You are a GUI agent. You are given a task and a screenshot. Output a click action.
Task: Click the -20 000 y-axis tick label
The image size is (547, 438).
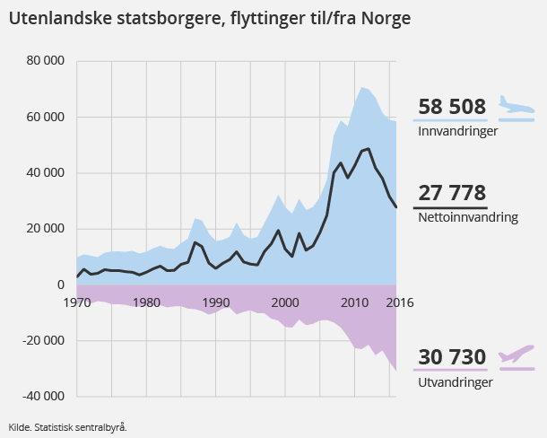coord(42,341)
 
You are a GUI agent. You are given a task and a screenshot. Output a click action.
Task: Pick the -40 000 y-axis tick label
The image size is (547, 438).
coord(42,397)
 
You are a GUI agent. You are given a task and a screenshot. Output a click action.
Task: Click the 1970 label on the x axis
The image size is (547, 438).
coord(77,302)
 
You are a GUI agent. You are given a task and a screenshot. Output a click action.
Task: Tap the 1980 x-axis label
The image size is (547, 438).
coord(147,302)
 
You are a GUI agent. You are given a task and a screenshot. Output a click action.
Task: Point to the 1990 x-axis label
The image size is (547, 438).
coord(216,302)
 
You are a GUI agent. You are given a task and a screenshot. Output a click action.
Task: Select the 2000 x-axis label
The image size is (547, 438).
coord(286,302)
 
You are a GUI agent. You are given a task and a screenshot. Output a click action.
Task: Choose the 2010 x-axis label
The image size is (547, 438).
coord(356,302)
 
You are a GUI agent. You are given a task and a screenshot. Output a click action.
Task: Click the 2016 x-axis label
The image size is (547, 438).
coord(399,302)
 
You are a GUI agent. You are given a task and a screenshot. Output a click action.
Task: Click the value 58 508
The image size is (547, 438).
coord(452,107)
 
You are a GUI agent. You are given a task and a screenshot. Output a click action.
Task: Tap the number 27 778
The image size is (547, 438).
coord(452,193)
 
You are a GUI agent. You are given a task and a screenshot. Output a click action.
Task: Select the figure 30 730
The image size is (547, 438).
coord(452,356)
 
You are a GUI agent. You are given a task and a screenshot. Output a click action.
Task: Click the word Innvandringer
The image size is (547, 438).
coord(457,131)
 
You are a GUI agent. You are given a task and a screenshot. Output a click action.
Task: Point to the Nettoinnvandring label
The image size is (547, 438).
coord(468,217)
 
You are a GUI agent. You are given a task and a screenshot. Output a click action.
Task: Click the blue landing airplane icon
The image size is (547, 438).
coord(516,107)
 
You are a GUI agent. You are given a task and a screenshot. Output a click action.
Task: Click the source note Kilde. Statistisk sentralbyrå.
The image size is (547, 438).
coord(67,427)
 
